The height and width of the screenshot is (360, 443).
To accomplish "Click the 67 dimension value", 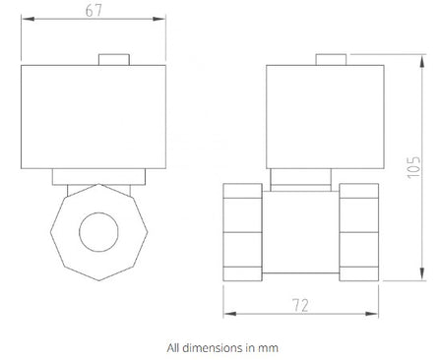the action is [x=94, y=10].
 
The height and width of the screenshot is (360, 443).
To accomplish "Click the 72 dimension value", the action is [x=300, y=305].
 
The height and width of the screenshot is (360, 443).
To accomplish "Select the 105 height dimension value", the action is [x=413, y=167].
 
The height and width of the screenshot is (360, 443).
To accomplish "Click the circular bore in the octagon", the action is [x=98, y=232].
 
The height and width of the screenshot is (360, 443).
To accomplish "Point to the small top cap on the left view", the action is [x=114, y=60].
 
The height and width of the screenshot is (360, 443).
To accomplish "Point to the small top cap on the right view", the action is [x=331, y=60].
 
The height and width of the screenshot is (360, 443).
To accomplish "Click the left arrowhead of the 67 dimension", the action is [x=28, y=19].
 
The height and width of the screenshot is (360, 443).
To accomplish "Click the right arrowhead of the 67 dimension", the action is [x=159, y=19].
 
